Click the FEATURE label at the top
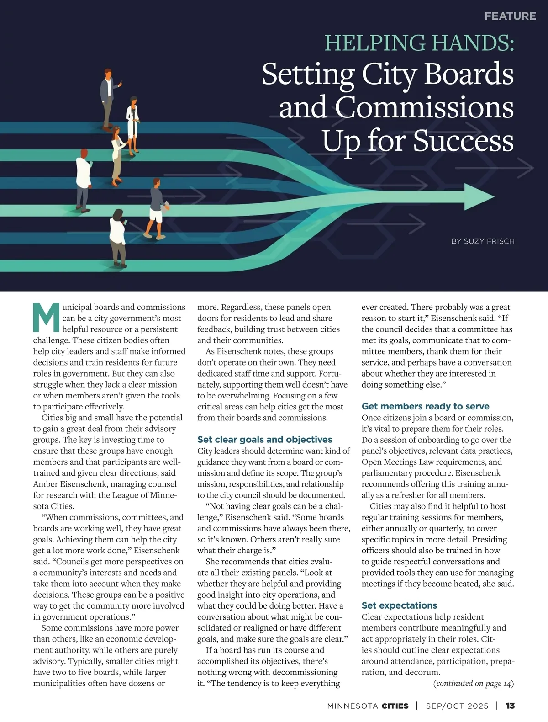510,16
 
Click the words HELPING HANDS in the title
419,43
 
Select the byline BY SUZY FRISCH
483,241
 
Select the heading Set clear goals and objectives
264,440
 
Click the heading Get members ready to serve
425,406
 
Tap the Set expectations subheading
399,605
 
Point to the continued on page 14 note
474,684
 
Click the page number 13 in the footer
510,706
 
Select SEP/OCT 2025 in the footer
457,706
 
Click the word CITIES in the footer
395,706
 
